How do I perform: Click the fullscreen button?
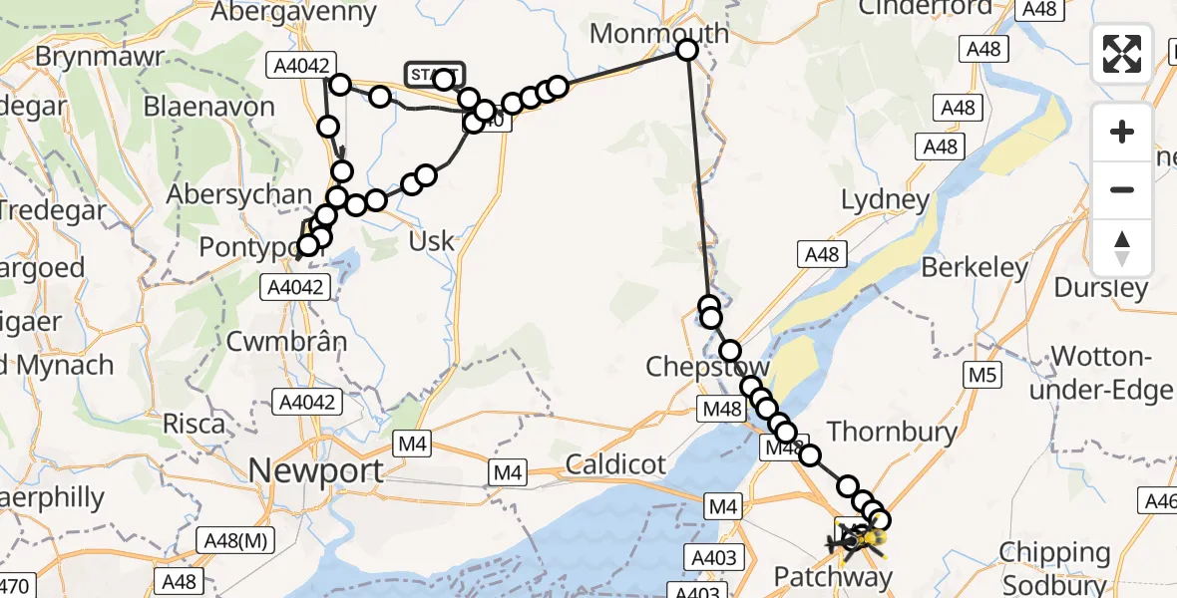click(x=1122, y=54)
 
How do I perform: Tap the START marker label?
click(x=434, y=73)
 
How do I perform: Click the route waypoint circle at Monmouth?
click(x=687, y=50)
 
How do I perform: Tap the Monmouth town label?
click(x=659, y=32)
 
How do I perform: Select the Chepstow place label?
click(x=707, y=367)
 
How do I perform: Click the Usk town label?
click(x=432, y=241)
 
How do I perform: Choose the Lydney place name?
click(x=885, y=199)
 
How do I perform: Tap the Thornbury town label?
click(x=892, y=432)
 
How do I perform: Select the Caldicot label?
click(x=615, y=463)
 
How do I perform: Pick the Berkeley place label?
click(x=975, y=267)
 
